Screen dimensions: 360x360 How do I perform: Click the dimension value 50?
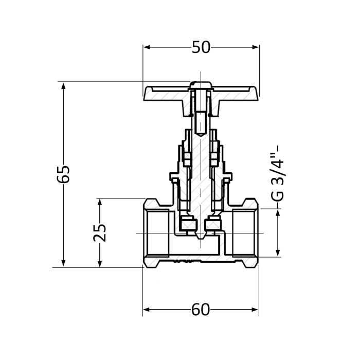click(x=201, y=47)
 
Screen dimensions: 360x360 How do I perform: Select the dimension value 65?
click(x=64, y=174)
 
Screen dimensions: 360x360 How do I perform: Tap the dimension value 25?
click(x=101, y=232)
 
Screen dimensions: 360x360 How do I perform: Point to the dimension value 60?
click(x=201, y=310)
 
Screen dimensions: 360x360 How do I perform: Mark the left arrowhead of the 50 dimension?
click(x=146, y=47)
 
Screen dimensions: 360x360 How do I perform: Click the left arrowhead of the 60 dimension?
click(x=146, y=310)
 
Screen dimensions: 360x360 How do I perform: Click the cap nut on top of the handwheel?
click(x=201, y=84)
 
